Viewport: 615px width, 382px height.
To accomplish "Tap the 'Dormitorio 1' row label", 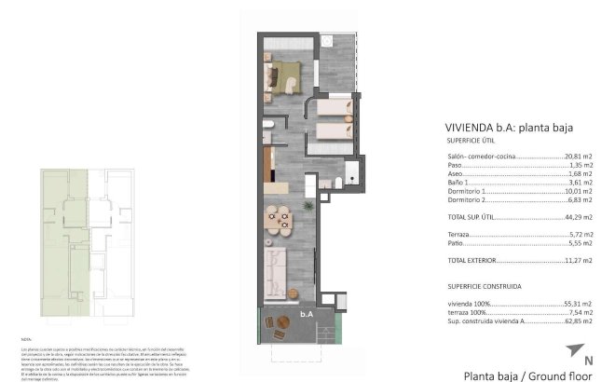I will pyautogui.click(x=467, y=191).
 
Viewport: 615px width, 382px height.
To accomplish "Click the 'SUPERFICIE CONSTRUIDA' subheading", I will pyautogui.click(x=484, y=286).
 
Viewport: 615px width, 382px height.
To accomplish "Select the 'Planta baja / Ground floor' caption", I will pyautogui.click(x=527, y=375).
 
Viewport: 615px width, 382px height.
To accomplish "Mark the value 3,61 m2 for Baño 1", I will pyautogui.click(x=581, y=183).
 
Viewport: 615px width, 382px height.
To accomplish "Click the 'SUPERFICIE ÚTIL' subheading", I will pyautogui.click(x=470, y=141).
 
